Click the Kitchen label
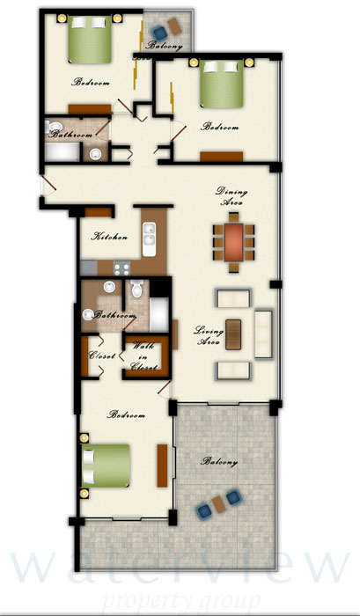(109, 237)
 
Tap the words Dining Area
(231, 197)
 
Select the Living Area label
(209, 336)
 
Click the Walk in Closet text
(143, 356)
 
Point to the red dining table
(234, 242)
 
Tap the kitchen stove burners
(121, 268)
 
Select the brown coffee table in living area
(233, 334)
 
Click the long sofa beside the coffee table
(263, 334)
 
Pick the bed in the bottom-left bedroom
(106, 466)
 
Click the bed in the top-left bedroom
(90, 39)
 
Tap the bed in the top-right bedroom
(222, 84)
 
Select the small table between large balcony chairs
(219, 504)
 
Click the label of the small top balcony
(165, 46)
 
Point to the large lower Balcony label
(219, 462)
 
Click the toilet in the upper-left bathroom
(53, 127)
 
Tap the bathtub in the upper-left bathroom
(62, 152)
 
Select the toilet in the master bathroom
(136, 289)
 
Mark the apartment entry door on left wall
(48, 185)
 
